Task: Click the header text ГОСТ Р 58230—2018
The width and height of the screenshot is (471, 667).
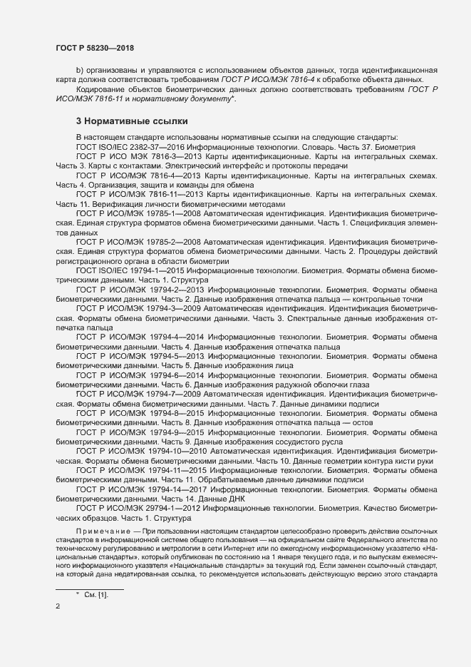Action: coord(95,48)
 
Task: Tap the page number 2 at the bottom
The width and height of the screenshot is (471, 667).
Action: coord(58,606)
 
